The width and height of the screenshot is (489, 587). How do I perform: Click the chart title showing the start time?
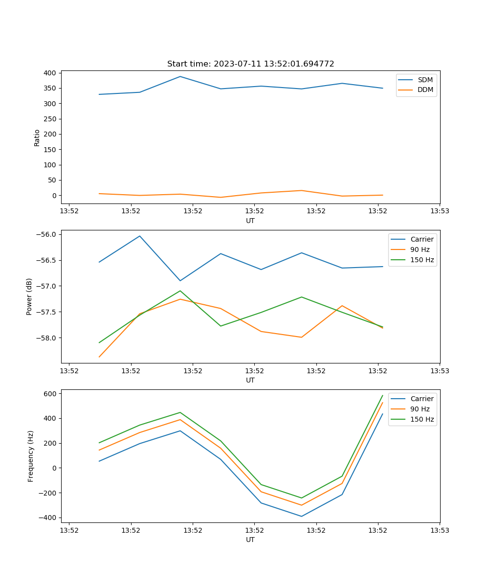pyautogui.click(x=250, y=64)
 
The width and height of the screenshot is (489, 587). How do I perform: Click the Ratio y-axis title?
pyautogui.click(x=37, y=137)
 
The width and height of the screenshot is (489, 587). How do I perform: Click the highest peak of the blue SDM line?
pyautogui.click(x=180, y=76)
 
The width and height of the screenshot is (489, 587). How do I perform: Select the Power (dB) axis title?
pyautogui.click(x=29, y=296)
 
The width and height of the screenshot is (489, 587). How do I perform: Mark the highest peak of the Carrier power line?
pyautogui.click(x=140, y=236)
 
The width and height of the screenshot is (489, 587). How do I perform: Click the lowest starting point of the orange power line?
pyautogui.click(x=99, y=357)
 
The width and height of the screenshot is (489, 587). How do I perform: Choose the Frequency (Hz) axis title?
pyautogui.click(x=31, y=456)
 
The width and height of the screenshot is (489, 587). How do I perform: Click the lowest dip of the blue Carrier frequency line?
pyautogui.click(x=301, y=516)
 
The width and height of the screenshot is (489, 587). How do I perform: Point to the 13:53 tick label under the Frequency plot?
pyautogui.click(x=439, y=529)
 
